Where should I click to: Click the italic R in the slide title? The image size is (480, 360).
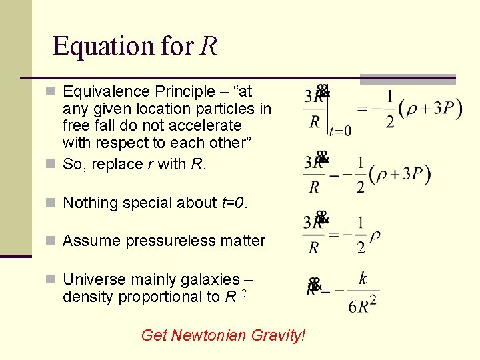207,46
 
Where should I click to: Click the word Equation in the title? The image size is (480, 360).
103,46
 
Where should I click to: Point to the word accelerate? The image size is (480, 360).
208,125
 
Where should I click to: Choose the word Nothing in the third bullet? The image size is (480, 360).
90,203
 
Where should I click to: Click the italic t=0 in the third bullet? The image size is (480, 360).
233,203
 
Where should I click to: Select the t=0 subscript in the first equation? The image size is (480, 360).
341,131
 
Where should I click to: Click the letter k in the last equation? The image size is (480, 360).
363,279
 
